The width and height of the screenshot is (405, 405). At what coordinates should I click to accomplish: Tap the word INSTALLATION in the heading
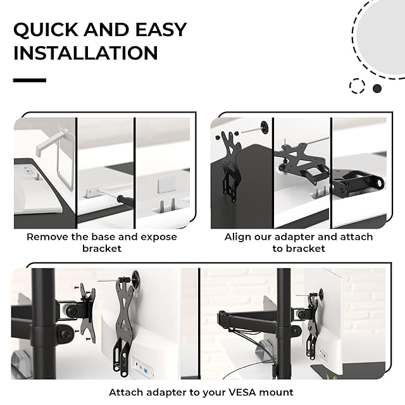85,53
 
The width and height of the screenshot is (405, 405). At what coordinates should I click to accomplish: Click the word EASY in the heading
161,30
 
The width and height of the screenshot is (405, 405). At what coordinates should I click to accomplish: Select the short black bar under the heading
30,80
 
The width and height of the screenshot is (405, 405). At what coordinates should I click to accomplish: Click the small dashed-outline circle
357,86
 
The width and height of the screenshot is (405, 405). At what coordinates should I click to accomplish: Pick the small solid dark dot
377,89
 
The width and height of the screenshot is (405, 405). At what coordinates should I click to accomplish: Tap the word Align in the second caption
235,237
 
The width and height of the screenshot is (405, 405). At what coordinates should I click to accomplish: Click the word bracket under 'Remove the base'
102,249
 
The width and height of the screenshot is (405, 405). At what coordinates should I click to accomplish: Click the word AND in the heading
107,30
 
